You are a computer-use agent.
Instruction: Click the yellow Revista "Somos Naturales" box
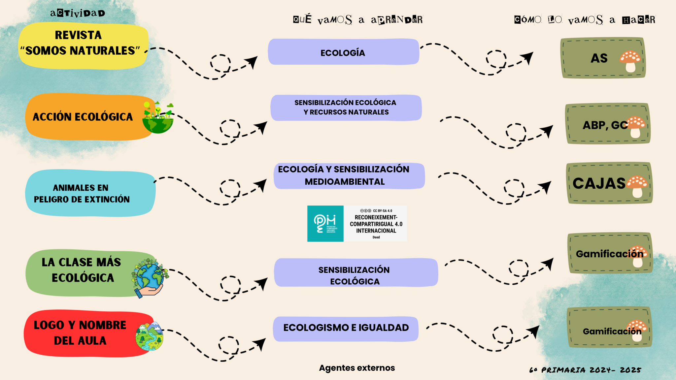[x=83, y=46]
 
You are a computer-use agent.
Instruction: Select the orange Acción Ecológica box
[x=83, y=117]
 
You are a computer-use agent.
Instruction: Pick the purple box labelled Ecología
[x=343, y=52]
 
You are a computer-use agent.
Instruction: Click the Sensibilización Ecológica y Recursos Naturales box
[x=346, y=108]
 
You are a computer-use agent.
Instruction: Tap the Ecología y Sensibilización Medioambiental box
[x=349, y=175]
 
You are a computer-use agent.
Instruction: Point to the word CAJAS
[x=599, y=183]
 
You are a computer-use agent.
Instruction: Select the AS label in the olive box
[x=599, y=58]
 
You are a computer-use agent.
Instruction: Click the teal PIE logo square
[x=325, y=224]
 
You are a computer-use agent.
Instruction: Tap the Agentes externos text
[x=357, y=368]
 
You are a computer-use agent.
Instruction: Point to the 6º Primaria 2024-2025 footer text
[x=585, y=370]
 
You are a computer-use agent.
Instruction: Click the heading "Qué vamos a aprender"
[x=358, y=20]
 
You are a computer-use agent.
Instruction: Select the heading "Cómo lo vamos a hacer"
[x=585, y=20]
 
